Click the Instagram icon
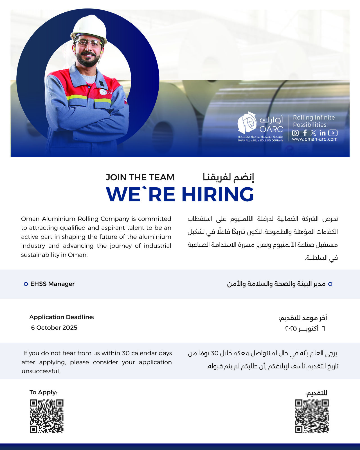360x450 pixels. (295, 133)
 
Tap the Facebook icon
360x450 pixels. (305, 133)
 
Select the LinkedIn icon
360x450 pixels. (322, 133)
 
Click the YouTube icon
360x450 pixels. (333, 133)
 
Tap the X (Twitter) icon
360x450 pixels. (313, 133)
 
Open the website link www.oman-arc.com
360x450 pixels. (314, 139)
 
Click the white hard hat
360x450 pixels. (89, 26)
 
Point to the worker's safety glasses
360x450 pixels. (88, 43)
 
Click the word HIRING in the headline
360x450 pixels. (217, 195)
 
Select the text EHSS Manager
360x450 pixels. (52, 284)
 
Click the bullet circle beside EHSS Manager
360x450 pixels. (26, 284)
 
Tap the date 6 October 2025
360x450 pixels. (54, 328)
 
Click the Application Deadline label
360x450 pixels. (62, 317)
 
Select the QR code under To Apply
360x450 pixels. (47, 416)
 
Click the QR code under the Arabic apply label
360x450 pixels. (312, 416)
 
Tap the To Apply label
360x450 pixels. (43, 392)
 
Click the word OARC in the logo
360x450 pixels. (271, 129)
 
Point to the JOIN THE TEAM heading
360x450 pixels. (140, 177)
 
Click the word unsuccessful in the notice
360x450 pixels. (41, 371)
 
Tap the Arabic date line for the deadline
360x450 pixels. (305, 328)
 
